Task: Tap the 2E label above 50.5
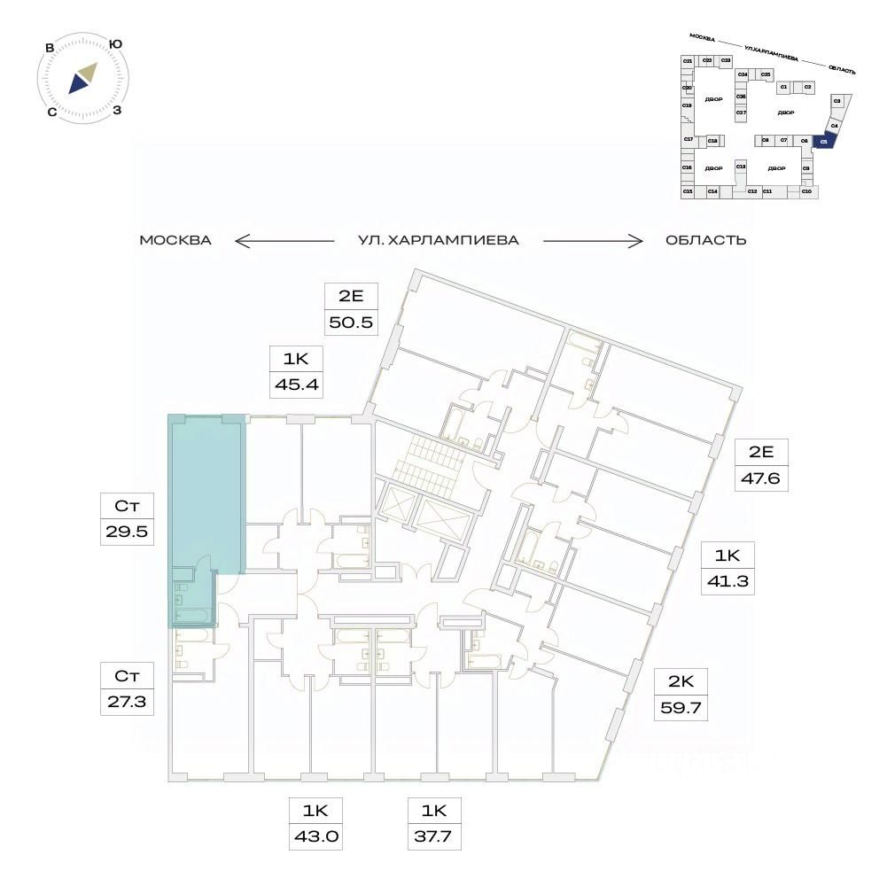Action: tap(352, 296)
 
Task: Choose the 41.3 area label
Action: tap(728, 582)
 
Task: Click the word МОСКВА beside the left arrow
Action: tap(175, 240)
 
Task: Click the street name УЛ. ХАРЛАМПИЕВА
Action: tap(438, 240)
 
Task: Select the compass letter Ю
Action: tap(115, 43)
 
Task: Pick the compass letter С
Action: tap(52, 112)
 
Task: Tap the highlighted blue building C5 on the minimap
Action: tap(823, 140)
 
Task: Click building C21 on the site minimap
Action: tap(687, 60)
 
